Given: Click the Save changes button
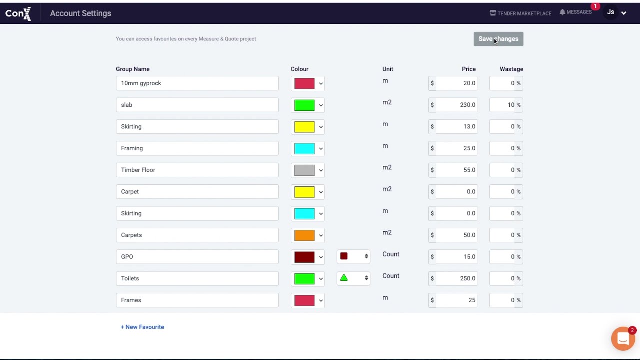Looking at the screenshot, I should [x=498, y=39].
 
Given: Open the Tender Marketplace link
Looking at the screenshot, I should [x=520, y=13].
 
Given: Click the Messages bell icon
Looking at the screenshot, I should [x=562, y=12].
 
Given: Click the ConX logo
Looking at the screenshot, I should [x=18, y=13].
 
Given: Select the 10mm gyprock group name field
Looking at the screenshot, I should [x=197, y=83].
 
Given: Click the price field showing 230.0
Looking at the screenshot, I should [x=455, y=105].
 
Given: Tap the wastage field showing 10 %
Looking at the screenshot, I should [x=506, y=105].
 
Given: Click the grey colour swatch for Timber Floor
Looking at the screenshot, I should [x=304, y=170].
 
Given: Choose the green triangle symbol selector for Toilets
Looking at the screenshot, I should [x=353, y=278].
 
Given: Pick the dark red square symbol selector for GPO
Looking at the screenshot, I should [x=353, y=257].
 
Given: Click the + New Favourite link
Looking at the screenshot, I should [x=142, y=327].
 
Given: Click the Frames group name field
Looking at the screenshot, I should [x=197, y=300].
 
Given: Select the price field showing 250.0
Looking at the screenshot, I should [x=455, y=278].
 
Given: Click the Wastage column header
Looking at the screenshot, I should [x=511, y=69].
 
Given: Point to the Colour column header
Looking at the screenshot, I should [x=299, y=69].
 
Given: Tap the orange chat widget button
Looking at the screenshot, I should [x=623, y=339].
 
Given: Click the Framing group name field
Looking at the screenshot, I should [x=197, y=148].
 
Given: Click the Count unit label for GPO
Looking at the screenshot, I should [x=390, y=254].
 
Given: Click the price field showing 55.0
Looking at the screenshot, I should [x=455, y=170].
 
